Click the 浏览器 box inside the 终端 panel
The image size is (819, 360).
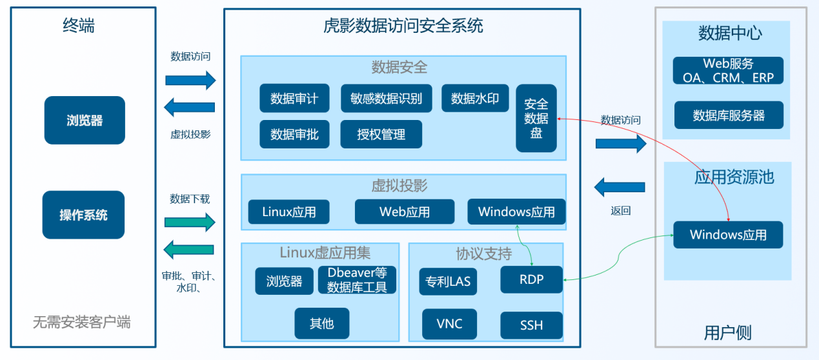(x=85, y=120)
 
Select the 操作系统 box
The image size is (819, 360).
(x=83, y=215)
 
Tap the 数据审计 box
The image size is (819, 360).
(x=294, y=98)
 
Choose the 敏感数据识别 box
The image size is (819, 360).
(x=386, y=98)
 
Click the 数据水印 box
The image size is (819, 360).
(x=475, y=98)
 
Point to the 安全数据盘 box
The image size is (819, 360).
(x=536, y=118)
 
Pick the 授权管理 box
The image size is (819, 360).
(x=381, y=134)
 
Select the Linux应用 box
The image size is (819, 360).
(x=289, y=212)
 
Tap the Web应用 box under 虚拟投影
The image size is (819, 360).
(x=405, y=212)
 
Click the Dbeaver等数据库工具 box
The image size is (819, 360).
(x=357, y=280)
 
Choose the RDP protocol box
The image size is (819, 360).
(x=531, y=279)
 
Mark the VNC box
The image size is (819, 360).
(x=449, y=324)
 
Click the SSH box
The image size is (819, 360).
(x=531, y=325)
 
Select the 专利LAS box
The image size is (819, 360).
(x=448, y=281)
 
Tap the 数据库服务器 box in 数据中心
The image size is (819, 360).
(x=729, y=115)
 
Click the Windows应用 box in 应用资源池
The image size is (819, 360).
(x=728, y=235)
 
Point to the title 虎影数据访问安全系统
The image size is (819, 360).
(x=403, y=26)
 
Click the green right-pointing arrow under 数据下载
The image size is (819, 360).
(x=190, y=222)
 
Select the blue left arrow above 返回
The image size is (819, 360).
(x=620, y=187)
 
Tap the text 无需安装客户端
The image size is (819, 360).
(x=81, y=322)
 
